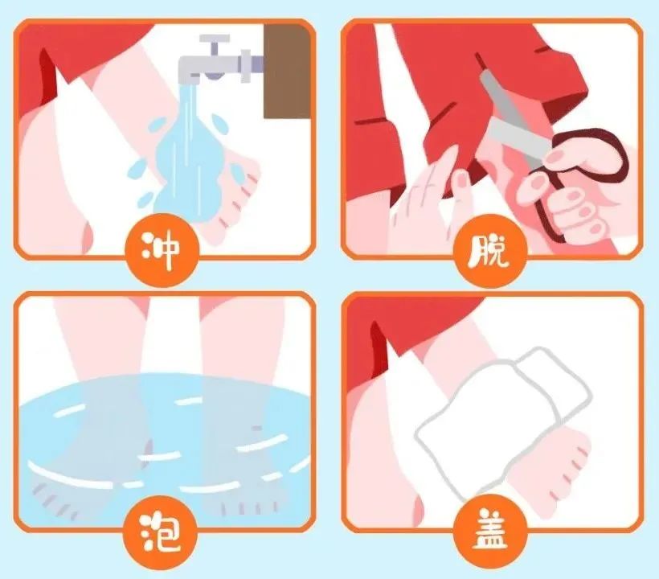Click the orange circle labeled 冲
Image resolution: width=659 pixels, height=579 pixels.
(162, 250)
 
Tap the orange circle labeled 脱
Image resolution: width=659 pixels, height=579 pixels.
(490, 251)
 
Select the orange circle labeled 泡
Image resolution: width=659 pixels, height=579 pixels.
(160, 532)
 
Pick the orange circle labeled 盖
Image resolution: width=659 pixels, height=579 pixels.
(490, 531)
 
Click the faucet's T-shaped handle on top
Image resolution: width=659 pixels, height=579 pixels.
(215, 44)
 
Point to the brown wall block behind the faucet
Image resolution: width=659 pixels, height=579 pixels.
(286, 71)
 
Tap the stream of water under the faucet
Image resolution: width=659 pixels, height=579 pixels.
(189, 155)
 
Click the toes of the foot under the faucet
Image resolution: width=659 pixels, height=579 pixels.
(239, 194)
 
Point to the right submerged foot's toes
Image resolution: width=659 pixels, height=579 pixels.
(248, 507)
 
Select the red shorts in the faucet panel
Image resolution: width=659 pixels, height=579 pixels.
(72, 63)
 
